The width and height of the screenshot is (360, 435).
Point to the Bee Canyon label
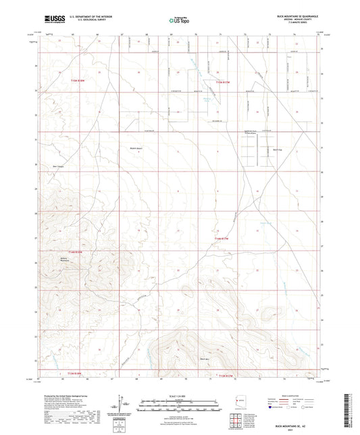60,164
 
